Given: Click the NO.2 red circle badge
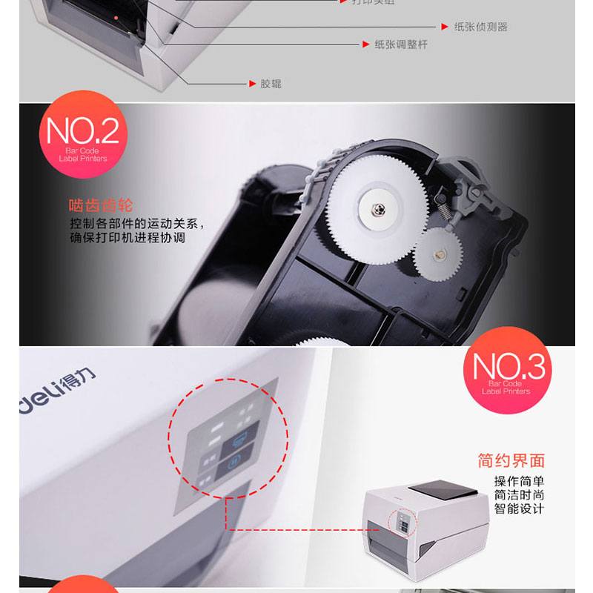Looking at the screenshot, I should tap(83, 134).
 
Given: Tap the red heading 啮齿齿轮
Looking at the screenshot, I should tap(100, 205).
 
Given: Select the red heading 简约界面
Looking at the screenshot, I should tap(511, 461).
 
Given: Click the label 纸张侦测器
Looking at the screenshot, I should tap(480, 27).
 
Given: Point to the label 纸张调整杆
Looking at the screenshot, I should tap(395, 44).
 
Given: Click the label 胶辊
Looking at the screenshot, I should tap(271, 84).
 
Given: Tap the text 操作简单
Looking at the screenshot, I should tap(519, 481).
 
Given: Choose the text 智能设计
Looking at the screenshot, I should tap(519, 508).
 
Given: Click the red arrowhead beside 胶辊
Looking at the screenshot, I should tap(252, 84).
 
